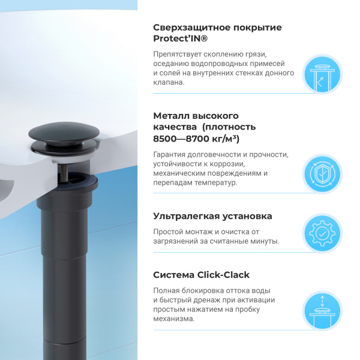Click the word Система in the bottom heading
click(173, 275)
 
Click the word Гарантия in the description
click(172, 154)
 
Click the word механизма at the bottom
click(174, 319)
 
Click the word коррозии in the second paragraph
click(229, 164)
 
